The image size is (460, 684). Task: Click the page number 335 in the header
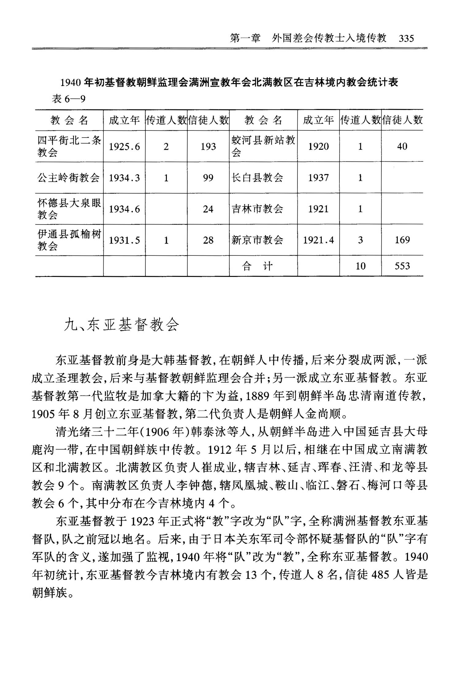406,39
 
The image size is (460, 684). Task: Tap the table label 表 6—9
68,99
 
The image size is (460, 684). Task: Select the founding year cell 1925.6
124,147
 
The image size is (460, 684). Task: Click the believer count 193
208,147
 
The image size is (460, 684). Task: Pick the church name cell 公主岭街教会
69,178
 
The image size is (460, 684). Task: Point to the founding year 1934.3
124,178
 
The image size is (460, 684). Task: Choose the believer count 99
208,178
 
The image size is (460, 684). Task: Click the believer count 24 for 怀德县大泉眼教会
208,209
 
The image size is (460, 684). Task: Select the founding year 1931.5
124,240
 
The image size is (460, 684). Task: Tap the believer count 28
208,240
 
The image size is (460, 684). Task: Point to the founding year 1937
318,178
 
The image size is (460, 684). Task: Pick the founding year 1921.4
318,240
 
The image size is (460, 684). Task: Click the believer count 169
402,240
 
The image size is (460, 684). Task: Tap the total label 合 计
257,266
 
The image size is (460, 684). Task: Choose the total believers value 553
402,266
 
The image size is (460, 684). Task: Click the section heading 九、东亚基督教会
121,325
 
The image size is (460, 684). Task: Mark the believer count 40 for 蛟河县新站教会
402,146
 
